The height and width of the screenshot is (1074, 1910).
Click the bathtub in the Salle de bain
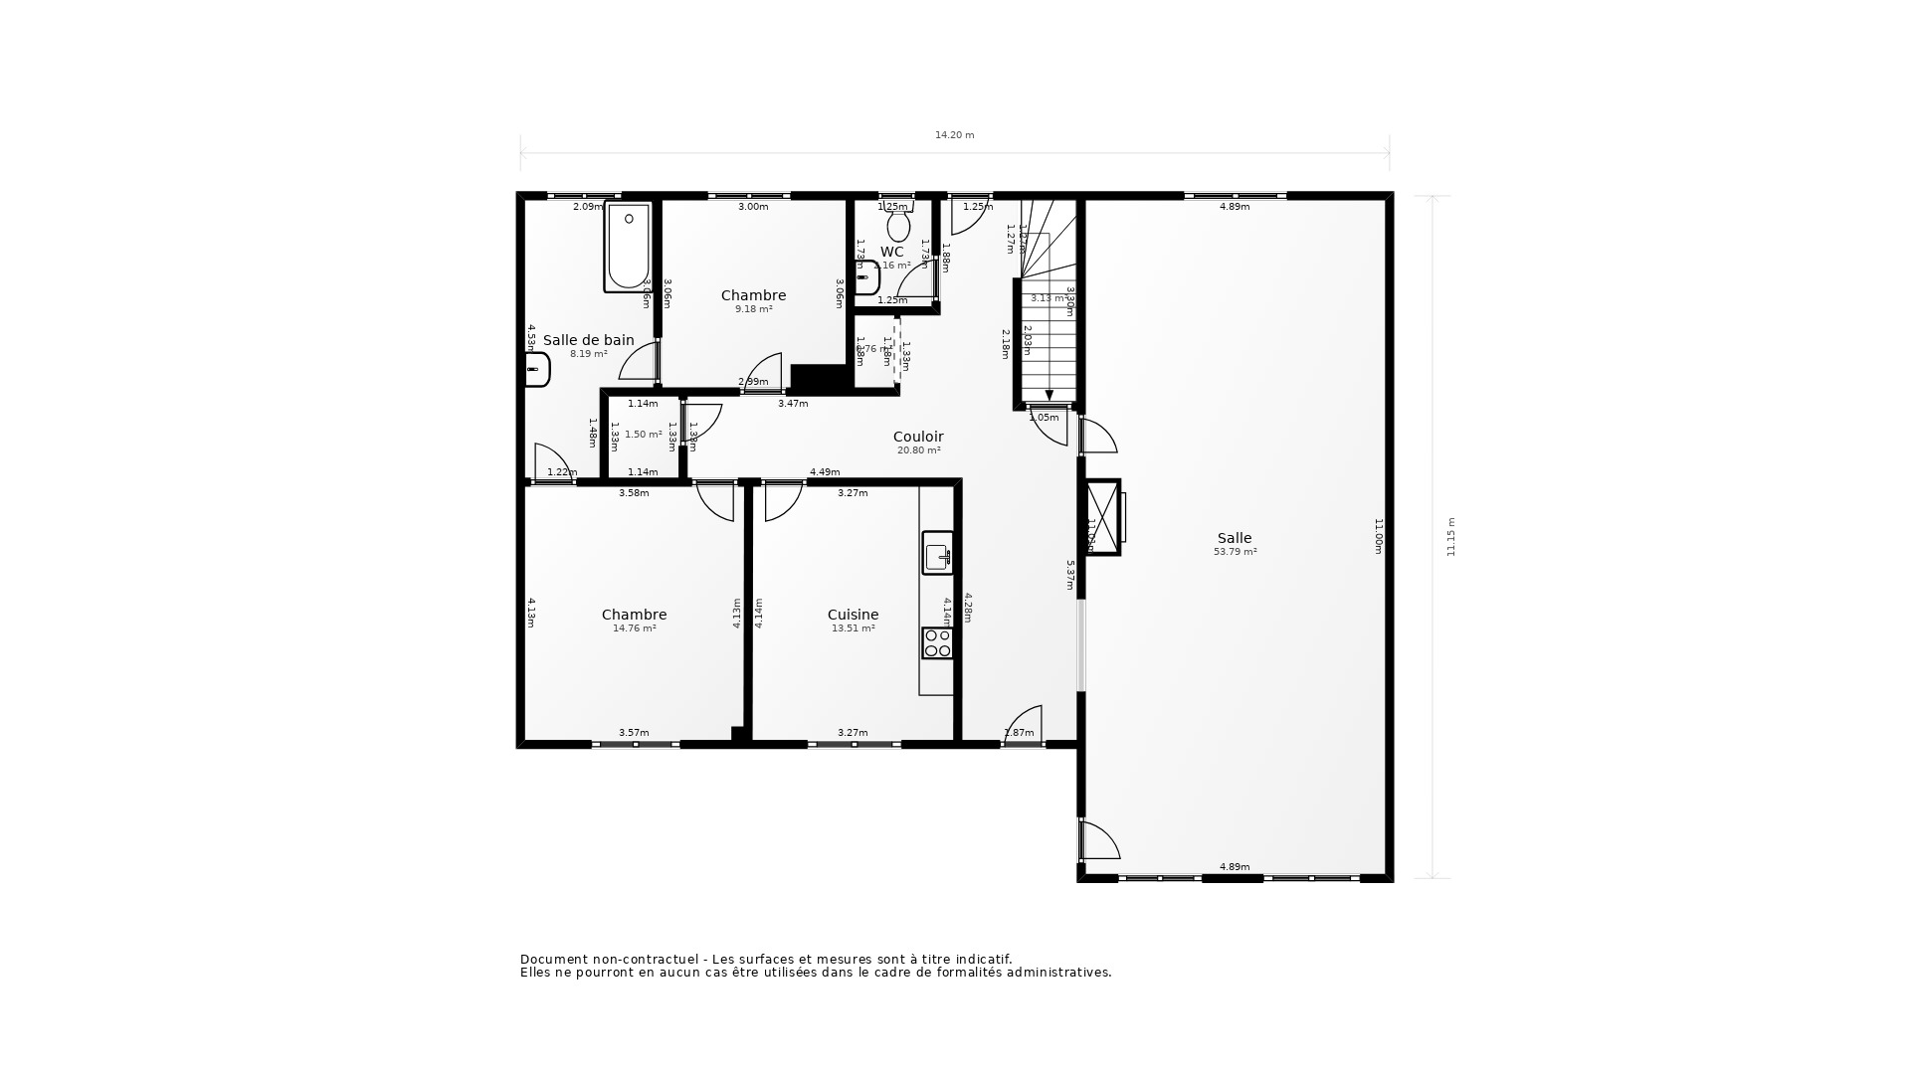(x=628, y=247)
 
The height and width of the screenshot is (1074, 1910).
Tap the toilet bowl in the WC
(x=898, y=226)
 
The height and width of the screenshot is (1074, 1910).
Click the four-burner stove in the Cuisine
(x=937, y=643)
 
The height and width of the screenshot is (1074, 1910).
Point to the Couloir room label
(x=918, y=437)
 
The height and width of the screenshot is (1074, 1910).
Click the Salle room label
(x=1235, y=538)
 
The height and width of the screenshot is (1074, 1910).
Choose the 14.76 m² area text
(x=635, y=628)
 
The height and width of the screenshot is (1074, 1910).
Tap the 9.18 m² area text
(x=754, y=309)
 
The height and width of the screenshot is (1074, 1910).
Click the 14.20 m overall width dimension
(x=954, y=135)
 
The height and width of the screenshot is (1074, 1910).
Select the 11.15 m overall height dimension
(x=1450, y=537)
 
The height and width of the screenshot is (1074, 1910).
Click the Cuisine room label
(x=853, y=615)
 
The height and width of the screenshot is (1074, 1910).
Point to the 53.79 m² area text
(x=1235, y=552)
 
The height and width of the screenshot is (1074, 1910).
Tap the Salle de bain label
(x=588, y=340)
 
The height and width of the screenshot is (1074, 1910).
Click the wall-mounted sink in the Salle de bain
(x=537, y=370)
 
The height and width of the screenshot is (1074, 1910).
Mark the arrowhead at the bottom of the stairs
(x=1049, y=396)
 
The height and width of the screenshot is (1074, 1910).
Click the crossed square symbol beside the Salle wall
(x=1102, y=517)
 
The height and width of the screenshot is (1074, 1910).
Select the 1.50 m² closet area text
(x=643, y=435)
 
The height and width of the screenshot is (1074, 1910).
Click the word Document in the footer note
(x=553, y=960)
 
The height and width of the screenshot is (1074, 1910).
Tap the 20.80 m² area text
(x=918, y=450)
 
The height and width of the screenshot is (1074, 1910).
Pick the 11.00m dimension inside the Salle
(x=1379, y=537)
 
